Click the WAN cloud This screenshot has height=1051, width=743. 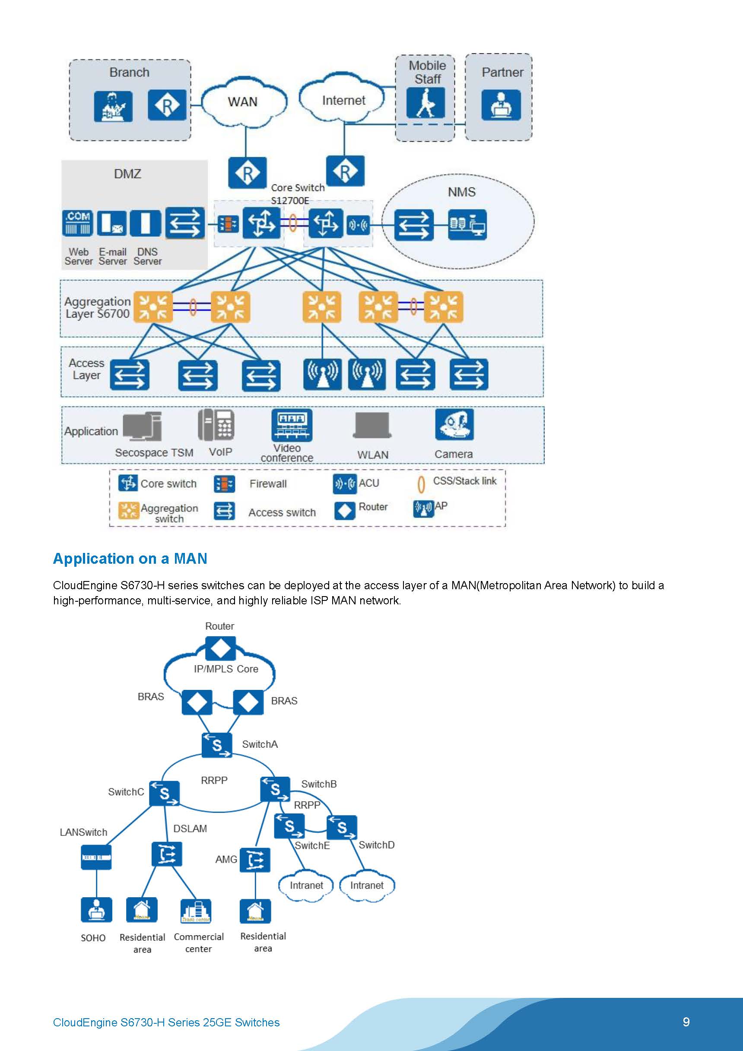[x=243, y=102]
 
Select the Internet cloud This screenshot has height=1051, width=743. [x=343, y=100]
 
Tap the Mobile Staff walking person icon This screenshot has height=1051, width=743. [x=425, y=103]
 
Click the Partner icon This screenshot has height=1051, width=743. [x=501, y=105]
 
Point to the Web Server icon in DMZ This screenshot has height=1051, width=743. [x=77, y=222]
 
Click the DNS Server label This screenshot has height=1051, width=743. [x=147, y=256]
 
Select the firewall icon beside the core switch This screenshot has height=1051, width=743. [x=228, y=224]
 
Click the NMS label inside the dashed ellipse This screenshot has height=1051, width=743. [x=461, y=192]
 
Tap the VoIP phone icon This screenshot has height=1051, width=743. [x=216, y=424]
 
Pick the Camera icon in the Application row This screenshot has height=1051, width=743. [x=454, y=424]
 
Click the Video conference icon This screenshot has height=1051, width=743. [x=292, y=425]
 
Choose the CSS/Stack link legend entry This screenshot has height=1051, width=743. [x=457, y=482]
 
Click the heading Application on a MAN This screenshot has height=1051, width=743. [x=130, y=559]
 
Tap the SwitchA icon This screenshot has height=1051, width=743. [x=216, y=745]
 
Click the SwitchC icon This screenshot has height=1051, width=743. [x=164, y=793]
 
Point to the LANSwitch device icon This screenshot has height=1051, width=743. [x=96, y=857]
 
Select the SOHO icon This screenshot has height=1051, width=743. [x=96, y=909]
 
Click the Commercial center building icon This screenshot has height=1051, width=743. [x=196, y=911]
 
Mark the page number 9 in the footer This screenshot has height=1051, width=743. [x=686, y=1022]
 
